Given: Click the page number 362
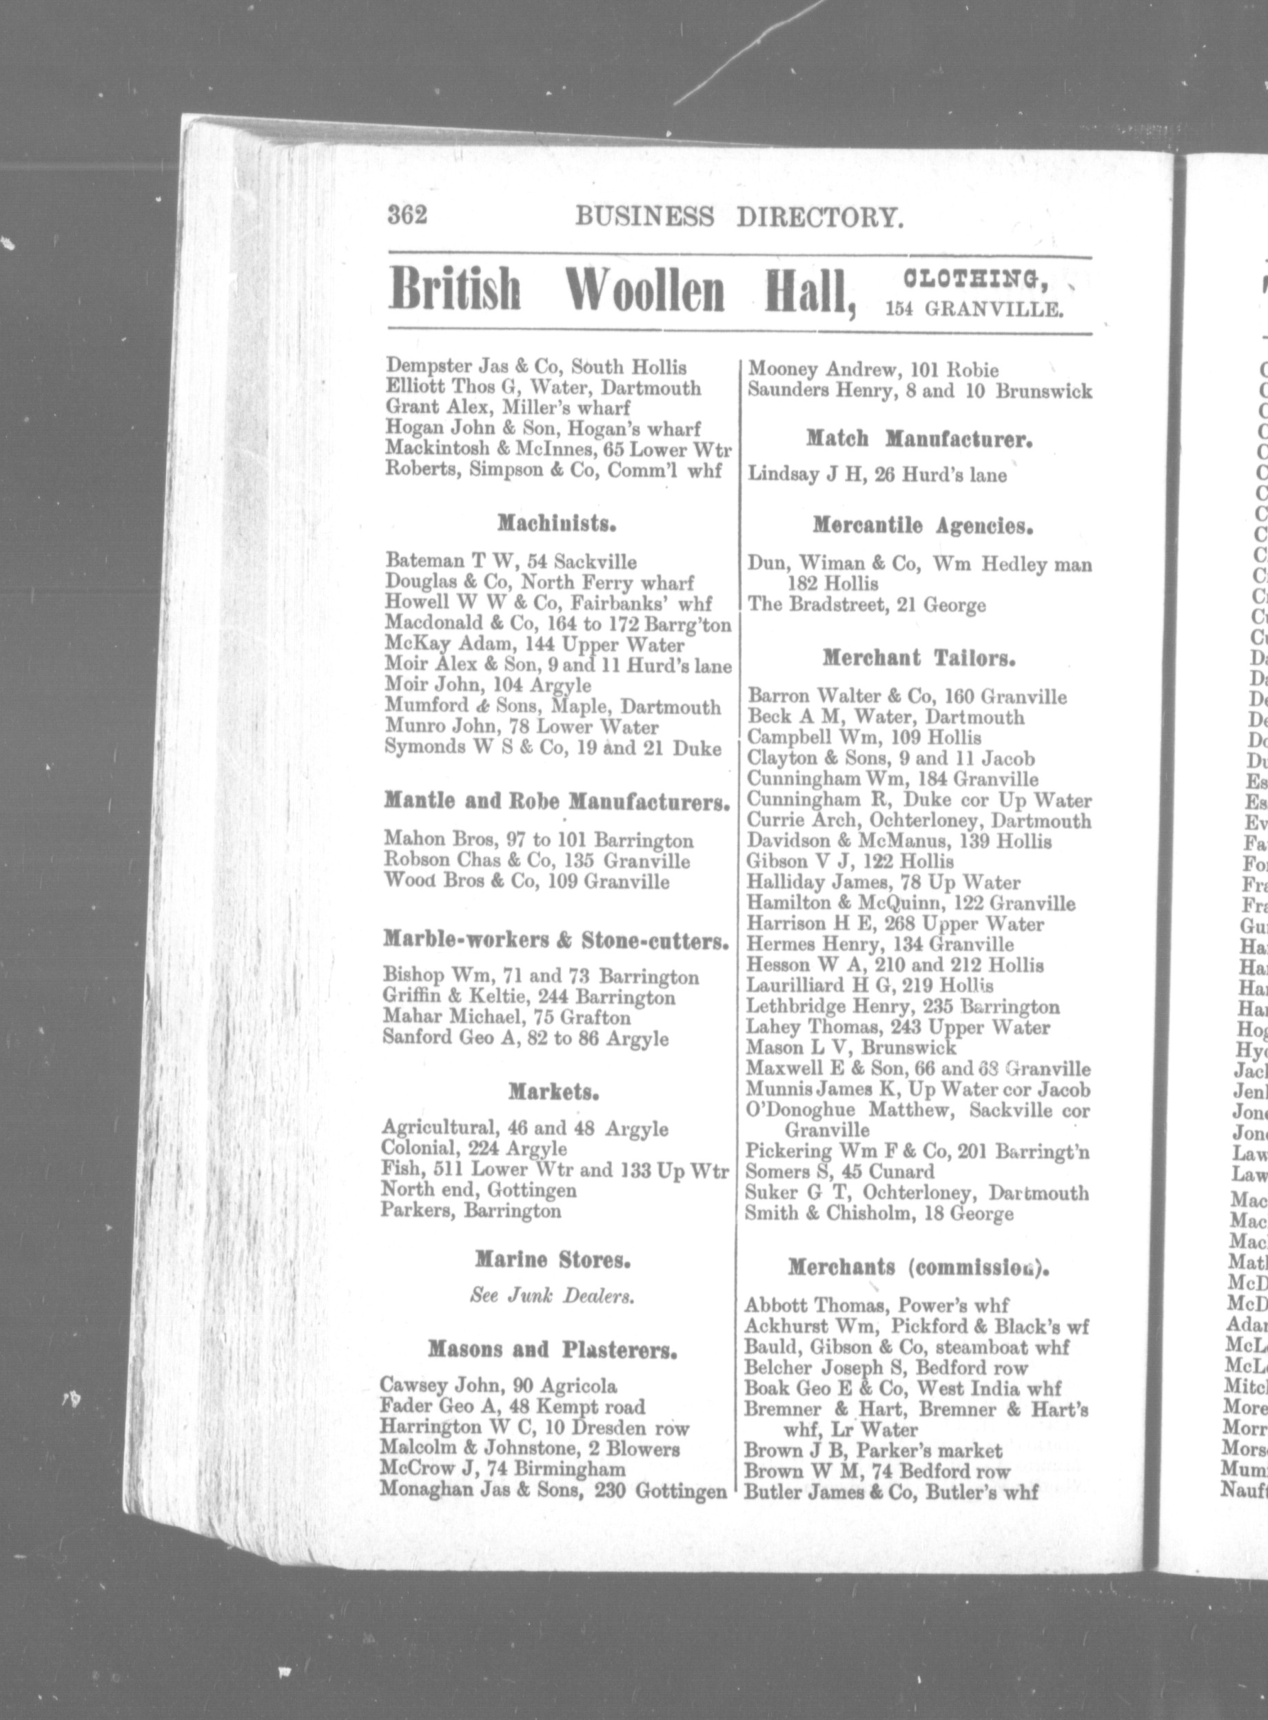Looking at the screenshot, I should coord(407,216).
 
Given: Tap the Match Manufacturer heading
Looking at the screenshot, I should coord(919,440).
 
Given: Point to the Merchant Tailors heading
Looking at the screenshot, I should coord(919,659).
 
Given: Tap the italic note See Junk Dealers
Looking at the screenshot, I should coord(552,1296).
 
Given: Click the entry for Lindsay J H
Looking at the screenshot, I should coord(877,476).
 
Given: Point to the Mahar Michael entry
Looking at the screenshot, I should coord(507,1018).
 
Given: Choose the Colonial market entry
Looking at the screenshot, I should coord(473,1149).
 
